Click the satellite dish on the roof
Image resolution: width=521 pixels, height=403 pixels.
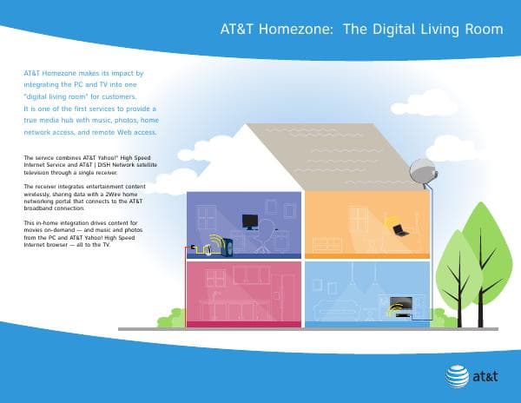click(422, 170)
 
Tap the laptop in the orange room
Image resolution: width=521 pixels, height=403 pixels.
click(400, 230)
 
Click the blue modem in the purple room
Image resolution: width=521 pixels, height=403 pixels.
click(226, 248)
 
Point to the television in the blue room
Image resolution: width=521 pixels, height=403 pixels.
click(400, 305)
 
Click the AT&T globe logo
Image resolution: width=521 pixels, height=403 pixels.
click(457, 376)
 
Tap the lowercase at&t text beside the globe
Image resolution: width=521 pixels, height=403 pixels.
click(486, 377)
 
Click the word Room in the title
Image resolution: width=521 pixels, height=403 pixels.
click(483, 30)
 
